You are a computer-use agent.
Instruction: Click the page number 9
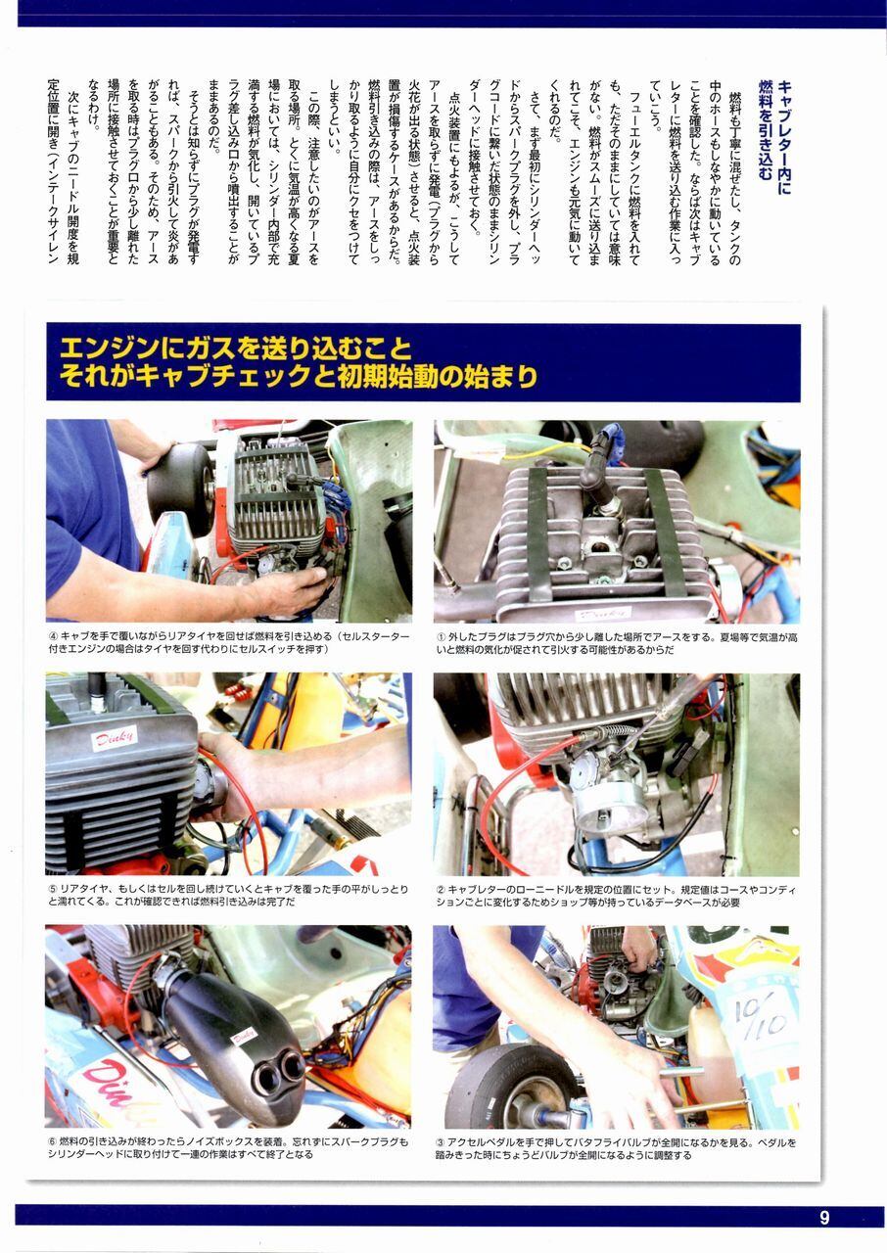[x=823, y=1217]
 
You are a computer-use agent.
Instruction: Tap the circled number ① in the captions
[x=442, y=637]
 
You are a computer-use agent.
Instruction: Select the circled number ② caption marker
[x=442, y=890]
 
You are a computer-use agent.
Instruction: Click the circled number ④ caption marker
[x=53, y=636]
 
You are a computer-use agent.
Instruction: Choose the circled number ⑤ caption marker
[x=53, y=889]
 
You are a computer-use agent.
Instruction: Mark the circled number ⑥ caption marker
[x=53, y=1141]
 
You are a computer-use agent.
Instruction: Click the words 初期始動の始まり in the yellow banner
[x=437, y=377]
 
